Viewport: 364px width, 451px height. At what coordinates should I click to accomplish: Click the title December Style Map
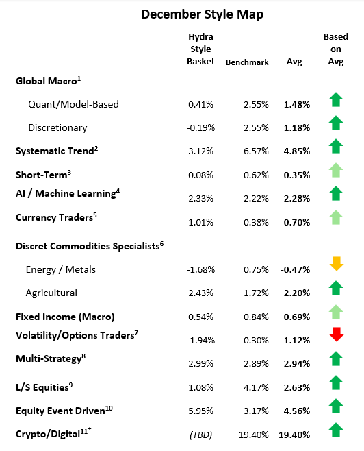[182, 14]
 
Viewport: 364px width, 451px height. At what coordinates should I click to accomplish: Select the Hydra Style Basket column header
[200, 49]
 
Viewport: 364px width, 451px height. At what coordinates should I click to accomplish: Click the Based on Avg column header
[335, 49]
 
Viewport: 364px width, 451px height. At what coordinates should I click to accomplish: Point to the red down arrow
[335, 334]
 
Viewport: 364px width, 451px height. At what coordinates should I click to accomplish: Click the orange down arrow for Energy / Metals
[335, 263]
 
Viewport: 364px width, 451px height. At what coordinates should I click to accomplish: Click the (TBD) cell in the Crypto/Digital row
[200, 435]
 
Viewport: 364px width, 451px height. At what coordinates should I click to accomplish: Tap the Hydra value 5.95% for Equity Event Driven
[200, 411]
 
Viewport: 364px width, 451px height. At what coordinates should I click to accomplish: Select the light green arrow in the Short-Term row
[335, 170]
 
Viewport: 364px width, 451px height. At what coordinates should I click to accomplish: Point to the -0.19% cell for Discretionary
[200, 127]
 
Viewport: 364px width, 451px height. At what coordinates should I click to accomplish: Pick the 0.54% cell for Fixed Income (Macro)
[200, 317]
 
